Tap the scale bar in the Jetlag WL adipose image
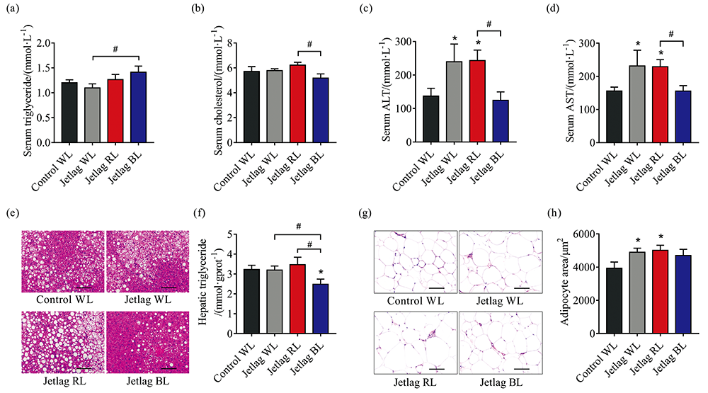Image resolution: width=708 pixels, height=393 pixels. [522, 288]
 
